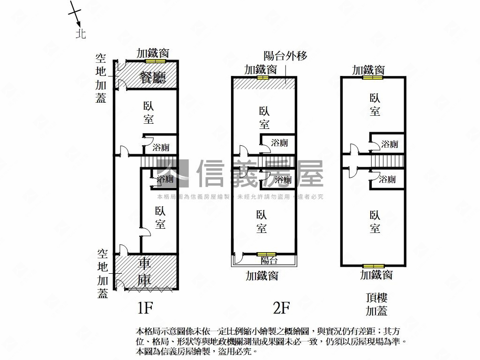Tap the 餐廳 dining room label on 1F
tap(153, 77)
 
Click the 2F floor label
tap(281, 308)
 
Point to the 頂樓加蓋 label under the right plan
tap(376, 304)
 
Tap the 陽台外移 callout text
tap(285, 56)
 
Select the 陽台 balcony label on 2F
tap(269, 260)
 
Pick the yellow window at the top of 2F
tap(262, 77)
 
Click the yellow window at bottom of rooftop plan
tap(373, 266)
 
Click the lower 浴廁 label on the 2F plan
tap(282, 180)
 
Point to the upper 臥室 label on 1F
tap(149, 112)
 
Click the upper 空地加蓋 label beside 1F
tap(101, 78)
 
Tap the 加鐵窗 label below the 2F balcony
tap(262, 276)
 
